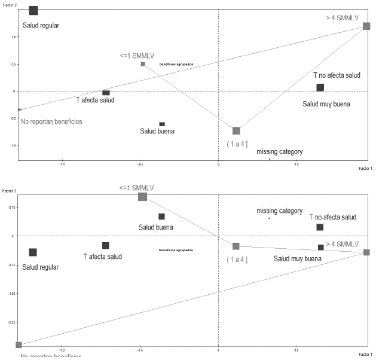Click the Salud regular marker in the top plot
(x=33, y=10)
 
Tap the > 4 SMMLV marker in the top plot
(x=366, y=26)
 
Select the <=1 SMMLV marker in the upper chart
(x=143, y=64)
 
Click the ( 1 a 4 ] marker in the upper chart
(x=236, y=130)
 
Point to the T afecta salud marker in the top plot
(x=106, y=93)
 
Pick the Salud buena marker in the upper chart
(x=162, y=124)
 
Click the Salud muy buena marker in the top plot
(x=320, y=87)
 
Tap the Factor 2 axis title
(x=8, y=3)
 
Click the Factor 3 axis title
(x=8, y=191)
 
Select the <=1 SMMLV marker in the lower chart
(x=142, y=197)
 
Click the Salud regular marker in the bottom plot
(x=33, y=252)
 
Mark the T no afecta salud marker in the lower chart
(x=320, y=227)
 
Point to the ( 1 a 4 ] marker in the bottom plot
(x=236, y=246)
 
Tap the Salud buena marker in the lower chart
(x=161, y=216)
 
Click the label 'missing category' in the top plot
(x=279, y=152)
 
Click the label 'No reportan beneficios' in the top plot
(x=51, y=121)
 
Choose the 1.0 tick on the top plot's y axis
(x=12, y=36)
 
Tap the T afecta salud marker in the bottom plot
(x=106, y=245)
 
